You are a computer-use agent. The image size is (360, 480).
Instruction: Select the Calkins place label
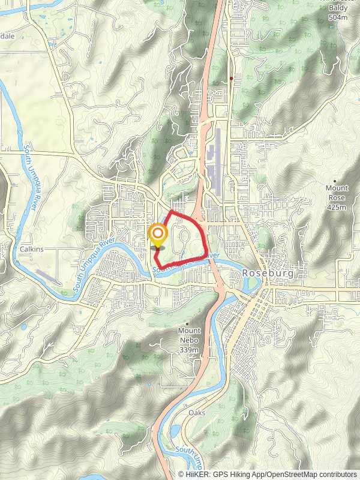tap(31, 249)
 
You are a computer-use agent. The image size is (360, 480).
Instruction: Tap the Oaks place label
tap(197, 413)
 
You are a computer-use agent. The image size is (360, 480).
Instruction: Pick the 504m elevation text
tap(338, 18)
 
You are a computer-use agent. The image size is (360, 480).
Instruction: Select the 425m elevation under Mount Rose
tap(337, 208)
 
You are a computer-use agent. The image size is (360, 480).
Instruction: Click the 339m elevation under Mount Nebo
tap(189, 350)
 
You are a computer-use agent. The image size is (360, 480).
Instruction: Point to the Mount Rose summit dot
tap(335, 181)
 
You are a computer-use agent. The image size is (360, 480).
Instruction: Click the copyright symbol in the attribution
tap(182, 474)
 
